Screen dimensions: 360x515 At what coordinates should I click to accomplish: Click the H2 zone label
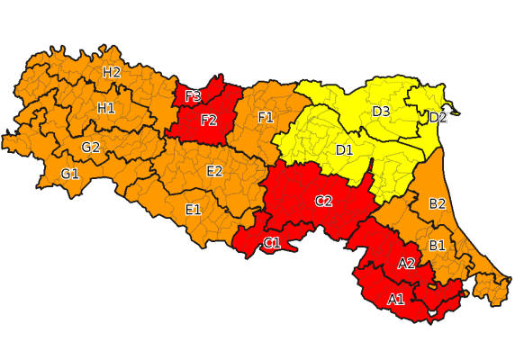(112, 73)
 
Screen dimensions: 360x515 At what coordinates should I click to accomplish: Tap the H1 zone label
(105, 108)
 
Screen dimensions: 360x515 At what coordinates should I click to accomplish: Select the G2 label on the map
(91, 148)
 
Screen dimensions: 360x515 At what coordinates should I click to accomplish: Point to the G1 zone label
(70, 173)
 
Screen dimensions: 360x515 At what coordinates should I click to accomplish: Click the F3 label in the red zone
(193, 96)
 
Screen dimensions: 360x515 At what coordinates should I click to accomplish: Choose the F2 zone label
(209, 120)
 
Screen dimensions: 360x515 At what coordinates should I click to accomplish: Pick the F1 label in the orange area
(266, 118)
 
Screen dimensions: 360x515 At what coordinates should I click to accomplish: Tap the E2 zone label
(214, 171)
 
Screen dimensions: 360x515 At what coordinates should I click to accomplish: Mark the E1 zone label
(193, 210)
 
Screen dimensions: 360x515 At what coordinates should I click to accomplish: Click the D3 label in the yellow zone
(381, 112)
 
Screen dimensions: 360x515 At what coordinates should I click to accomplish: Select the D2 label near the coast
(438, 117)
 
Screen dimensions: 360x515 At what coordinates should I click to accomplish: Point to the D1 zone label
(344, 149)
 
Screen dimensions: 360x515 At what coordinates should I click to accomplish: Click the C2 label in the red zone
(323, 201)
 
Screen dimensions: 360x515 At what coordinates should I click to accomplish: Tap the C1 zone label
(271, 243)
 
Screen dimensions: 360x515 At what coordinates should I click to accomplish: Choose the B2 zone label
(438, 203)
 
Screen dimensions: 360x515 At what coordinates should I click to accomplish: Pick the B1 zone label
(438, 245)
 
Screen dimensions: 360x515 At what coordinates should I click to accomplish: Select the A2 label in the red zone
(406, 263)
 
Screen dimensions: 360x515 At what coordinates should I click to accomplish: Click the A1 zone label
(395, 299)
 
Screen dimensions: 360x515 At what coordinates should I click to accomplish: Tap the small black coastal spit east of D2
(456, 112)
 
